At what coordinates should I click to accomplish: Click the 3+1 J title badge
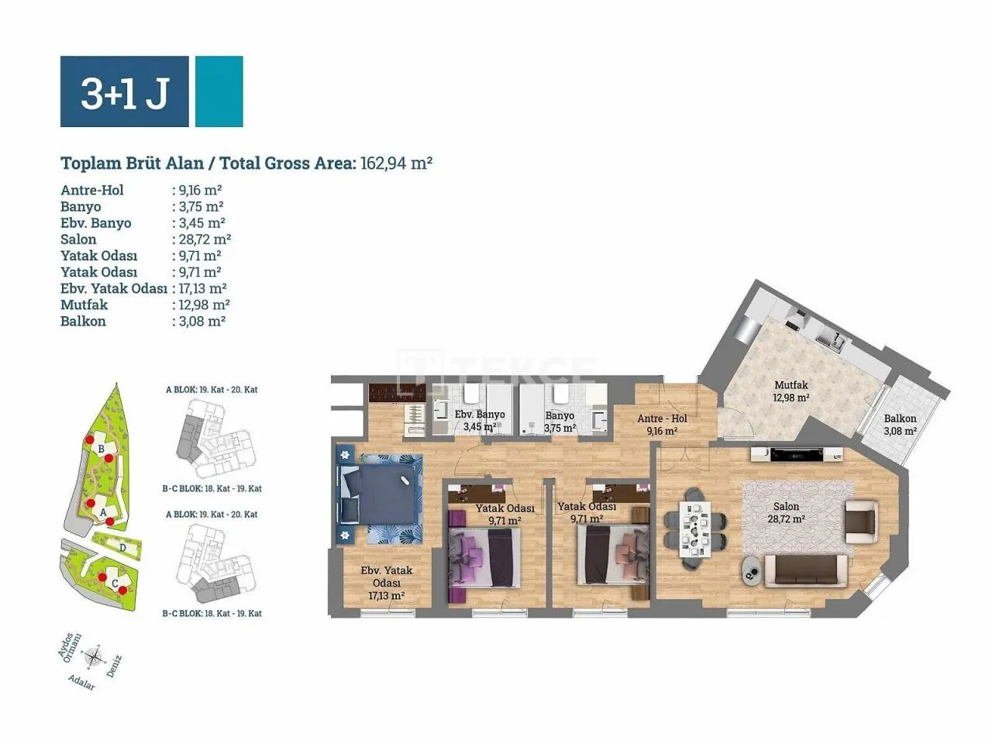pos(124,91)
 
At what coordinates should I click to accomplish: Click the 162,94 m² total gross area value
pos(396,163)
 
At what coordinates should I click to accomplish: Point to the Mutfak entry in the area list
pos(84,305)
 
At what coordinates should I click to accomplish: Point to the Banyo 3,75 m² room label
pos(560,422)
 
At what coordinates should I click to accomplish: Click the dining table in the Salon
pos(695,529)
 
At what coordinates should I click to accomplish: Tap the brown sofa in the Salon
pos(806,571)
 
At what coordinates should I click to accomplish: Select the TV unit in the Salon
pos(797,454)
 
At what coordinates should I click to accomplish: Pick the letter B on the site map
pos(102,449)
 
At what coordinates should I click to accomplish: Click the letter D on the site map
pos(122,549)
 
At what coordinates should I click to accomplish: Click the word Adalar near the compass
pos(82,682)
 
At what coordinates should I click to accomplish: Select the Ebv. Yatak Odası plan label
pos(387,583)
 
